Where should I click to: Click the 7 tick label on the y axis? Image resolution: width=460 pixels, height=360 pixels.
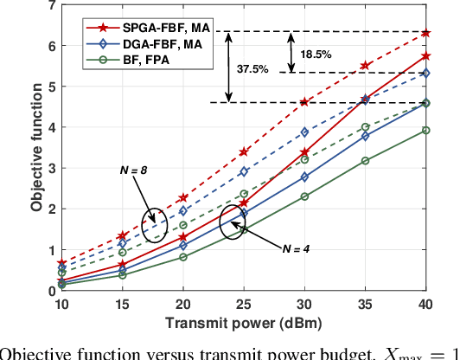tap(51, 6)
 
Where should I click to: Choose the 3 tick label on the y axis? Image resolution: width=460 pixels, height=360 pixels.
tap(51, 169)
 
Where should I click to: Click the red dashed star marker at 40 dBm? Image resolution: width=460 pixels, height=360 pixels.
tap(426, 33)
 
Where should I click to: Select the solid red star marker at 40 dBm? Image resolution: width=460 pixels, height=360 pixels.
tap(426, 55)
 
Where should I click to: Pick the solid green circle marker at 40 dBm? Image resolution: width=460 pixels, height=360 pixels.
tap(426, 131)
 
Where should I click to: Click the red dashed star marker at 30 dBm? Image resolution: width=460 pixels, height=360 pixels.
tap(304, 102)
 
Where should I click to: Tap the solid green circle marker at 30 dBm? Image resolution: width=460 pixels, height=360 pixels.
tap(304, 196)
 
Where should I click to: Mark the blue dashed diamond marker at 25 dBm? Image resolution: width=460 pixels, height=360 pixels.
tap(244, 172)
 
